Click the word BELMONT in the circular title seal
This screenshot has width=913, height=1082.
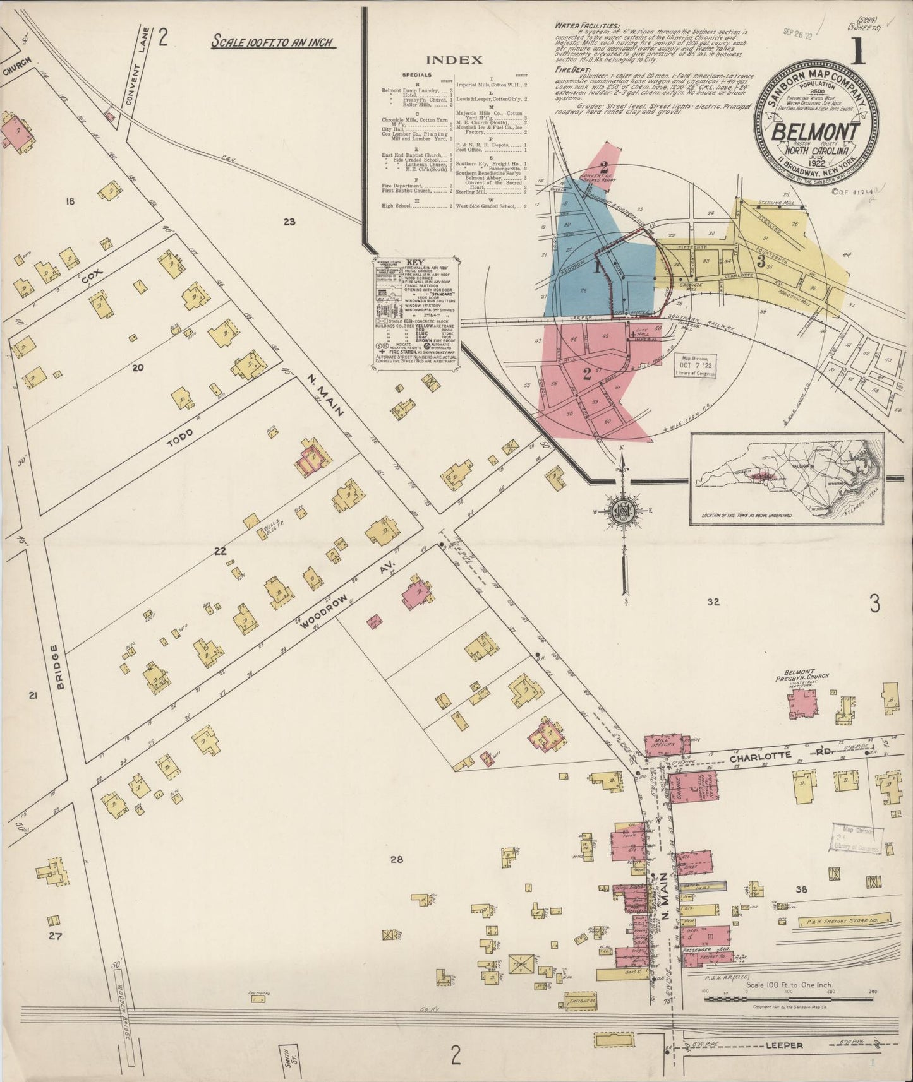[x=816, y=133]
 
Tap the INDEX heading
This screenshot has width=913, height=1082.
[x=454, y=61]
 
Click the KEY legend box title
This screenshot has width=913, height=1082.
[x=414, y=263]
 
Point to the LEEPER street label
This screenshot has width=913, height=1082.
[x=784, y=1045]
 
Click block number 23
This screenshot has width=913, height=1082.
[x=289, y=222]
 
